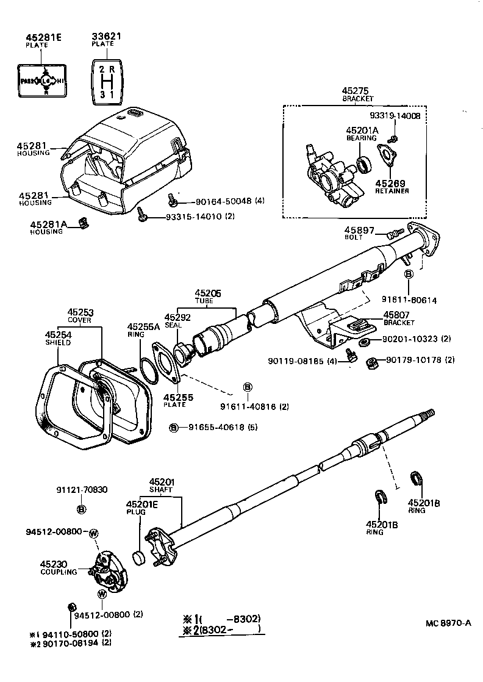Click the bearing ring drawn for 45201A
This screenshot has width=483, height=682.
(364, 163)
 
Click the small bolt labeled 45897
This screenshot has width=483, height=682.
(395, 232)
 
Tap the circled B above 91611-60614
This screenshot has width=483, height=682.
(409, 274)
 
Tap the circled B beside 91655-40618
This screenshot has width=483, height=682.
(174, 427)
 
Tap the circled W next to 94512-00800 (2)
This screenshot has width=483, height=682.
(101, 594)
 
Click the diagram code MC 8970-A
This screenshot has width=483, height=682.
(449, 623)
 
